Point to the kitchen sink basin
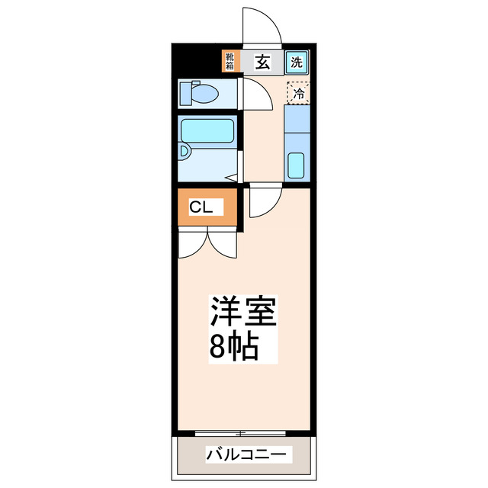[x=296, y=165]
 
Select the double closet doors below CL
[x=207, y=244]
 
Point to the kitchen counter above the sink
[x=296, y=122]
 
